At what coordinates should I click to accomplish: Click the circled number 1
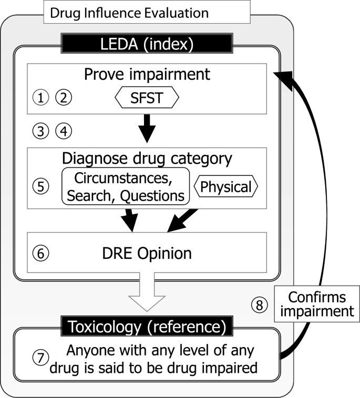pyautogui.click(x=40, y=97)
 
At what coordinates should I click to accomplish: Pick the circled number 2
pyautogui.click(x=63, y=97)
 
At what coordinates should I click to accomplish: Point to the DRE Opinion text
pyautogui.click(x=147, y=254)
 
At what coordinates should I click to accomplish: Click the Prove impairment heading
pyautogui.click(x=147, y=74)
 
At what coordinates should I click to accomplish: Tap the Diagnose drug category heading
pyautogui.click(x=147, y=158)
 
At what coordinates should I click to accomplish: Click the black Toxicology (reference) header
pyautogui.click(x=145, y=327)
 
